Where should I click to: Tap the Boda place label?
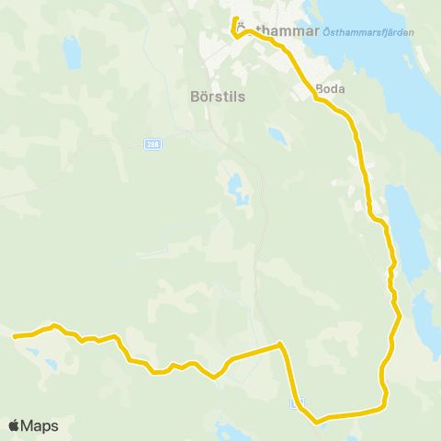pos(330,89)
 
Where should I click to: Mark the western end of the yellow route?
pos(15,336)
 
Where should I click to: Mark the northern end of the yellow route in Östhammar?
pos(236,19)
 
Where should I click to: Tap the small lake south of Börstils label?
pos(238,189)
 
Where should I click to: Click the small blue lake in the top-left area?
pos(71,52)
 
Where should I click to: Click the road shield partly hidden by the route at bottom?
pos(295,403)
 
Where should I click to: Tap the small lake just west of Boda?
pos(275,135)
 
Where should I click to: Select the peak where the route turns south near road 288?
pos(279,345)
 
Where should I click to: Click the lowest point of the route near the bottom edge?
pos(318,422)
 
